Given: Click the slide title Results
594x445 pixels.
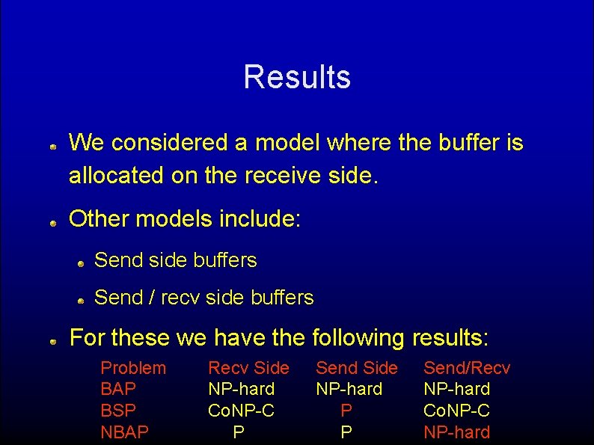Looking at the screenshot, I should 297,77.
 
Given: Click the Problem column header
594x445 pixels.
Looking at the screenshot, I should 133,368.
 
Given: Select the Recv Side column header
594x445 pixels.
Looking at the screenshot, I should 248,368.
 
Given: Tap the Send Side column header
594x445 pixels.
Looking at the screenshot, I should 356,368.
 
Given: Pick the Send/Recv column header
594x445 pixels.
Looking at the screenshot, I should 467,368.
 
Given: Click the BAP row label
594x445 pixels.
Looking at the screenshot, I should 117,389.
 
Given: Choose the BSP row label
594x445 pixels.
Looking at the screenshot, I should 117,411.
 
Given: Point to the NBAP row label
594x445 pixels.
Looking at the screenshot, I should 124,432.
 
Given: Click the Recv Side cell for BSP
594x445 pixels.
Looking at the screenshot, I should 241,411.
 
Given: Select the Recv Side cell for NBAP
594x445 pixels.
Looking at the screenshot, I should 239,432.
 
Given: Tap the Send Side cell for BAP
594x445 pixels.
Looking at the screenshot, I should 349,389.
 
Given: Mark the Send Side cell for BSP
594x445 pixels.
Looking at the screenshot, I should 346,411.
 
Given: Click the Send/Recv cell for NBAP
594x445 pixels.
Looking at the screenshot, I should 457,432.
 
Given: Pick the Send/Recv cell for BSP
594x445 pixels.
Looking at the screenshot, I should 457,411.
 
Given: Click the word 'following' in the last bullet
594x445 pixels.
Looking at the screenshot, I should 358,338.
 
